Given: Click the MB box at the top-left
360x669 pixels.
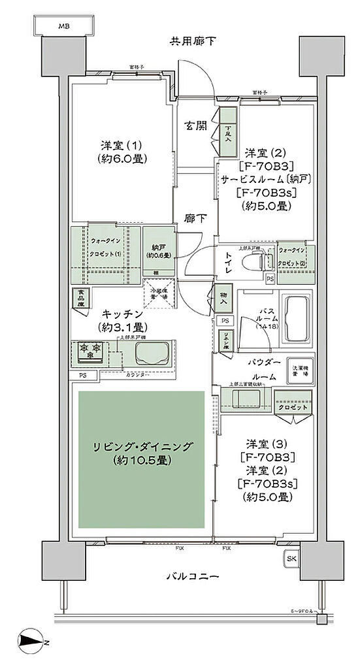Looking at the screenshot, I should [63, 26].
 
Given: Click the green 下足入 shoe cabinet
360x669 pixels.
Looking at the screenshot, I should [228, 133].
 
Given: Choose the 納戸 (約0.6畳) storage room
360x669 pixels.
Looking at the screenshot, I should [157, 250].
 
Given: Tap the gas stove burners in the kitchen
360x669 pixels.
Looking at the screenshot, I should [89, 348].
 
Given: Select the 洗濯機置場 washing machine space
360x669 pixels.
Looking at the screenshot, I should [301, 369].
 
